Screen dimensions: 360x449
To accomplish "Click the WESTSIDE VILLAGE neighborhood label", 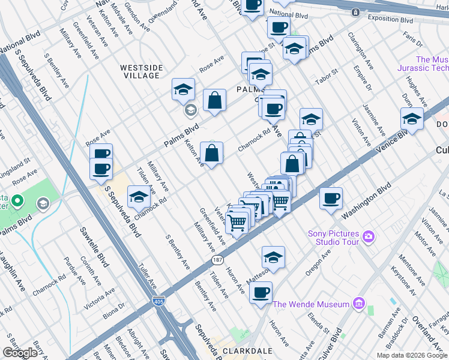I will pyautogui.click(x=140, y=71).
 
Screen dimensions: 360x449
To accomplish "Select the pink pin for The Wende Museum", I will pyautogui.click(x=358, y=304).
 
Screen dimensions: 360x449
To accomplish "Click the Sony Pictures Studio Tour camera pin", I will pyautogui.click(x=367, y=238).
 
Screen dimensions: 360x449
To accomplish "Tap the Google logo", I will pyautogui.click(x=20, y=353).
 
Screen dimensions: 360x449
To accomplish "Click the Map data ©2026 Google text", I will pyautogui.click(x=412, y=355).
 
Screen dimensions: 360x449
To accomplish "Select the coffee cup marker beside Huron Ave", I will pyautogui.click(x=261, y=293).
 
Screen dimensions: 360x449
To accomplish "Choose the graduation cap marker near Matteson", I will pyautogui.click(x=273, y=257).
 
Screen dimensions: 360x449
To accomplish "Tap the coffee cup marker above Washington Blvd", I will pyautogui.click(x=330, y=199).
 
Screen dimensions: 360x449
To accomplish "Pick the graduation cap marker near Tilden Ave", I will pyautogui.click(x=139, y=197).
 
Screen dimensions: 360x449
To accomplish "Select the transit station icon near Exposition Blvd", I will pyautogui.click(x=355, y=12).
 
